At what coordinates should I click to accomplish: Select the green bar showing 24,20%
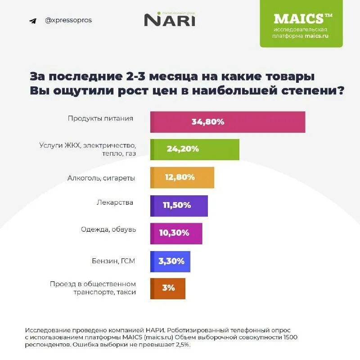(220, 149)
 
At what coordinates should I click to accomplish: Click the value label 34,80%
(207, 122)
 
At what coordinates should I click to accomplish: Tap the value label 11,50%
(177, 205)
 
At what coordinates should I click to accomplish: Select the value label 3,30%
(171, 261)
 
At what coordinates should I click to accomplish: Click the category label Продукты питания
(100, 118)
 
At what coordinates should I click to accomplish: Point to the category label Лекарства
(115, 202)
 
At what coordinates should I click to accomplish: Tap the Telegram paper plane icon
(32, 21)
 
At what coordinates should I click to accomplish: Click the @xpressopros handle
(68, 20)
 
